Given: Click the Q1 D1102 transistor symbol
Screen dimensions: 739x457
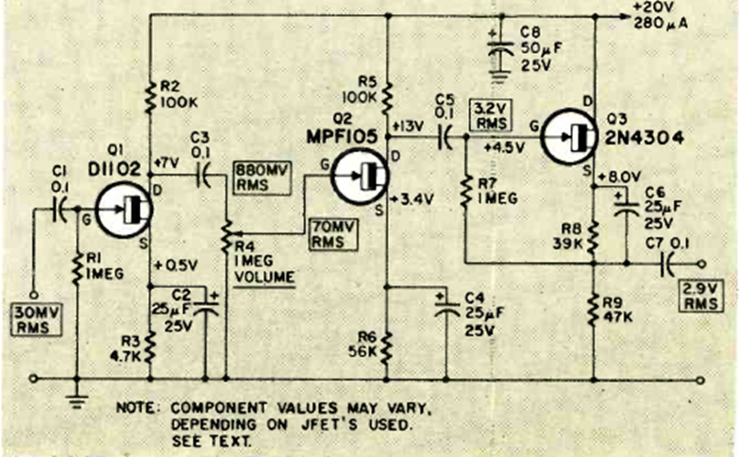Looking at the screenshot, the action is tap(124, 210).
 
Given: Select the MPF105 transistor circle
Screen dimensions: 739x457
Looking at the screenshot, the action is tap(361, 176).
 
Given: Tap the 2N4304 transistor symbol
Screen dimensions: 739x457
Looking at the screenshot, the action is tap(569, 137).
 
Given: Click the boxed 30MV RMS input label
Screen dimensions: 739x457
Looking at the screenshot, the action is tap(36, 320).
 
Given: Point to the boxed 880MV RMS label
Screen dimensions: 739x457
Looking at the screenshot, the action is tap(261, 178).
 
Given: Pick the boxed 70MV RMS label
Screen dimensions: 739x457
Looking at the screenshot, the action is tap(333, 234).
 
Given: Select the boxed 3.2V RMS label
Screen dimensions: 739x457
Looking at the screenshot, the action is tap(491, 116).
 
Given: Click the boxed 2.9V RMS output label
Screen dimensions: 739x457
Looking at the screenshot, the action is tap(700, 296).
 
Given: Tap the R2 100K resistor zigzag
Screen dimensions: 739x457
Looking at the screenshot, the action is tap(150, 97).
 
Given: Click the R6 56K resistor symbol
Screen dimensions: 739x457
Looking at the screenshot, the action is tap(386, 347).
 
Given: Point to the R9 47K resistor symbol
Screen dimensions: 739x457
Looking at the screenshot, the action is tap(594, 310).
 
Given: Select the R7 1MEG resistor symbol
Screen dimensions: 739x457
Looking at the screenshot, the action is tap(466, 191).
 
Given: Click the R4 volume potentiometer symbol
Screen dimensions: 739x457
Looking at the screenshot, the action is tap(227, 234).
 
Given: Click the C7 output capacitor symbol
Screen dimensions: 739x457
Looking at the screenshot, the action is tap(667, 264).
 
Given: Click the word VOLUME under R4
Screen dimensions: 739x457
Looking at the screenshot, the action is tap(264, 277).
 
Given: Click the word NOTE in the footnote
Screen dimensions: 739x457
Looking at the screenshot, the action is tap(136, 408).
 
